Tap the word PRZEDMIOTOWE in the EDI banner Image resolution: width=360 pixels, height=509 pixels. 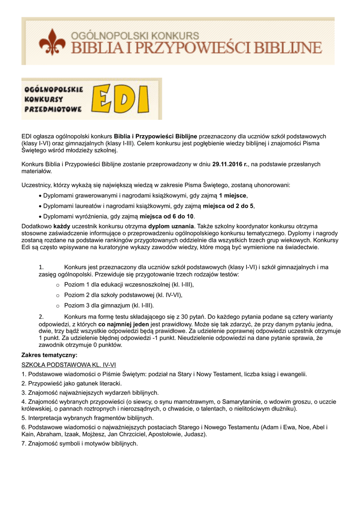pos(53,108)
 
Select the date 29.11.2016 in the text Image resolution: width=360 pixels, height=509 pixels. pos(229,164)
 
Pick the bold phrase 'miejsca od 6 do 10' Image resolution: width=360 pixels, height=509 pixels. pos(167,216)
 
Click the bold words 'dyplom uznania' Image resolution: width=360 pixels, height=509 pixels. pos(171,226)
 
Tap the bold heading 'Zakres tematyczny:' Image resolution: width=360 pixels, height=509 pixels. pos(49,355)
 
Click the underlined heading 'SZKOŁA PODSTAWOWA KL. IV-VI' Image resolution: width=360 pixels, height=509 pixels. pos(69,364)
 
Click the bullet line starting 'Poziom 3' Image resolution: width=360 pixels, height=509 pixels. pos(109,306)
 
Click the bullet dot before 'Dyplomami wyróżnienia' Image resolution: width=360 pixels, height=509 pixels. pos(40,216)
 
